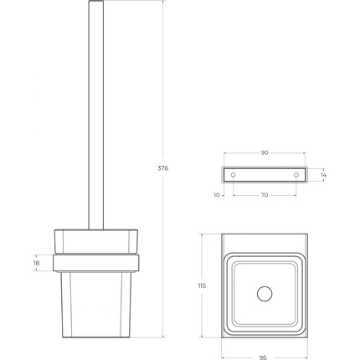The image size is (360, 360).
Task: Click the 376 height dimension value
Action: pyautogui.click(x=162, y=168)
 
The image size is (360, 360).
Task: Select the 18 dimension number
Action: pyautogui.click(x=35, y=263)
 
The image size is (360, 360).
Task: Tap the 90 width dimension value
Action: pyautogui.click(x=265, y=153)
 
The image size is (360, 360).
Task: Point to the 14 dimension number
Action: pyautogui.click(x=323, y=175)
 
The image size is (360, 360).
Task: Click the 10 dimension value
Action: pyautogui.click(x=216, y=195)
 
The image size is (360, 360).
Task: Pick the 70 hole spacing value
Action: pyautogui.click(x=265, y=195)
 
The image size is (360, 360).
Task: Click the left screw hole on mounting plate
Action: pyautogui.click(x=234, y=175)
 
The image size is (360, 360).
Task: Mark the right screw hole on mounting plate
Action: pyautogui.click(x=296, y=175)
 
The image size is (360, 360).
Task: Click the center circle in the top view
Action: pyautogui.click(x=265, y=293)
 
